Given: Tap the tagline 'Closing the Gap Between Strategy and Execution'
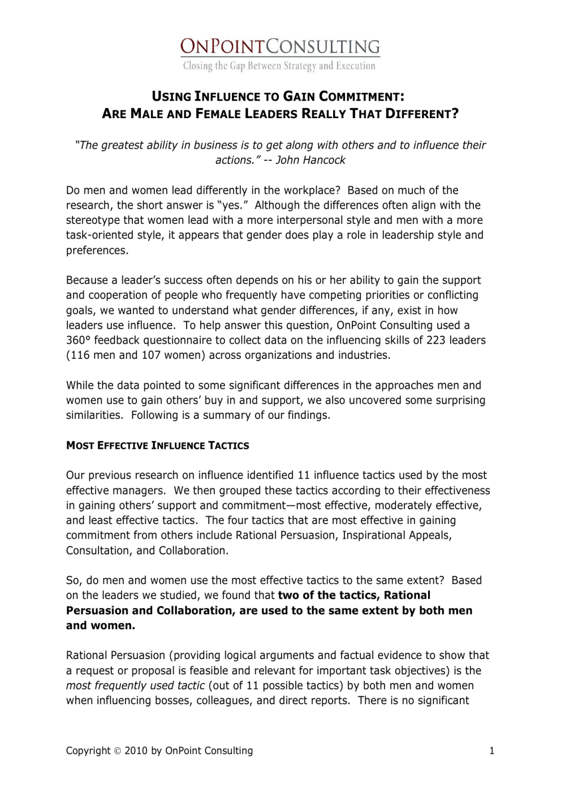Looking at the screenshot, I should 279,66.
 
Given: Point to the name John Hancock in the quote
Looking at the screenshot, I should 310,160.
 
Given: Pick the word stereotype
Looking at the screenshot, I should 93,220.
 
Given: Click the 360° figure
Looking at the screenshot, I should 78,340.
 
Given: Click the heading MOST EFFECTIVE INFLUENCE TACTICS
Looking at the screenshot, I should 157,445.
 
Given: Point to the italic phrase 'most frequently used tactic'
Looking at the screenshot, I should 135,686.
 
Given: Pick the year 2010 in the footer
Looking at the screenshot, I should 136,751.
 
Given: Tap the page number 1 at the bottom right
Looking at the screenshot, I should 491,751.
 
